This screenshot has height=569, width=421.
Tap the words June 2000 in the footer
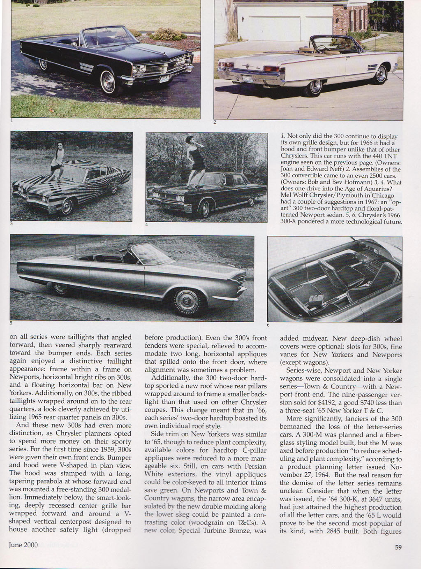(x=23, y=545)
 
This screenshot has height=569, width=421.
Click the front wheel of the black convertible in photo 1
(x=109, y=79)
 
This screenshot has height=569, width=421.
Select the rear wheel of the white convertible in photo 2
(x=315, y=86)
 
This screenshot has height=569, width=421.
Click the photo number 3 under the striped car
(x=12, y=223)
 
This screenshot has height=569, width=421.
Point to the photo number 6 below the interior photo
(x=268, y=325)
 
